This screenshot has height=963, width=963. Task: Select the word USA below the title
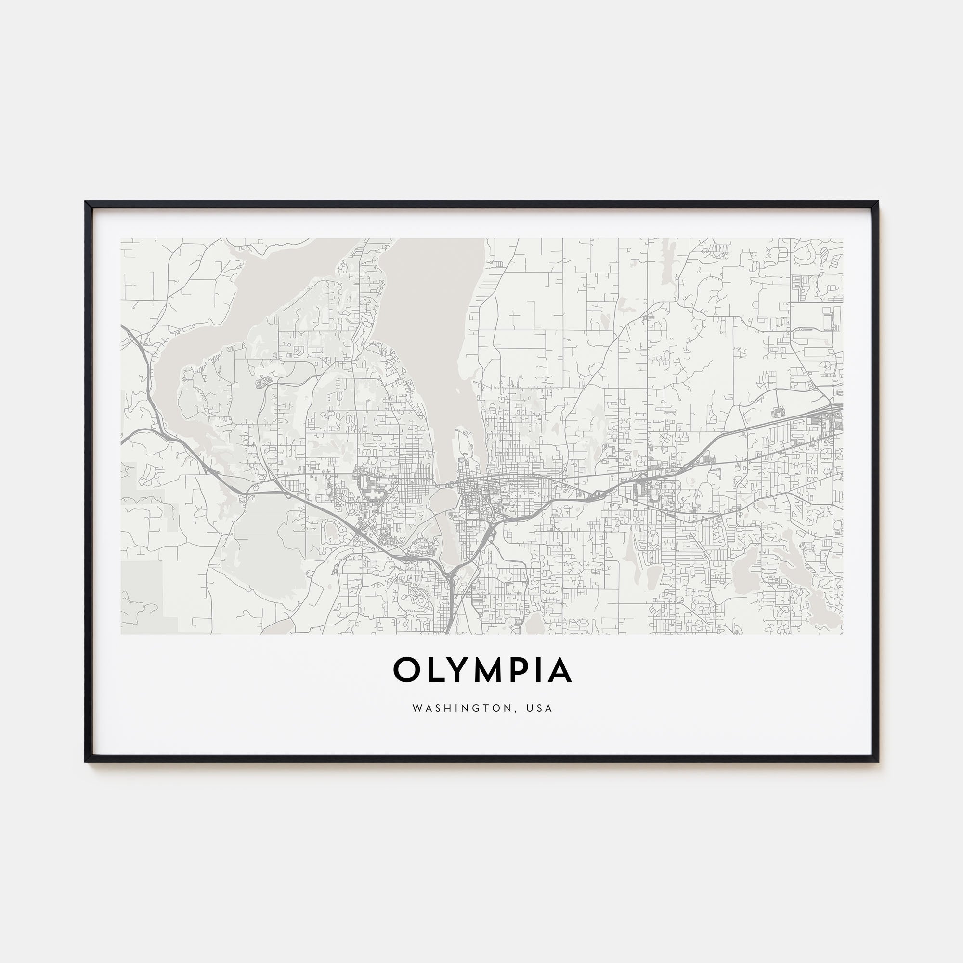click(x=540, y=708)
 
